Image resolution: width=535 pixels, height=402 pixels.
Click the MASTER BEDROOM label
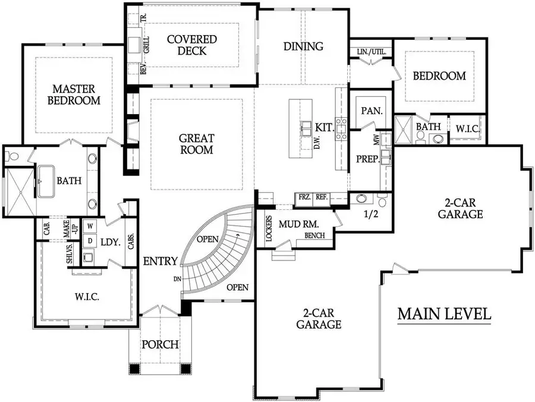(x=74, y=94)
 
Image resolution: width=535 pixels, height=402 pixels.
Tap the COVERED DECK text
(x=191, y=45)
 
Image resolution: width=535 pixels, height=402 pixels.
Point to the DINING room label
(x=303, y=46)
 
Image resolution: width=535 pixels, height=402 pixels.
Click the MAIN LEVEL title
(x=444, y=313)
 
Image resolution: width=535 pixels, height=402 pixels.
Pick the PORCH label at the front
(x=160, y=344)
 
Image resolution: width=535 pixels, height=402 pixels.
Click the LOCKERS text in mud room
(x=269, y=228)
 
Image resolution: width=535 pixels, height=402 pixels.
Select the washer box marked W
(x=91, y=226)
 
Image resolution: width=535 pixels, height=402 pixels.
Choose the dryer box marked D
(x=91, y=241)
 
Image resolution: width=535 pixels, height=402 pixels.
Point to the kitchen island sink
(x=306, y=128)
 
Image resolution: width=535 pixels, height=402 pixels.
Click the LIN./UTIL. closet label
(x=372, y=52)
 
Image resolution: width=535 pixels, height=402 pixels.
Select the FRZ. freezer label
(x=304, y=197)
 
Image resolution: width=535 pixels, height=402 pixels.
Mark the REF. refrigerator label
(x=322, y=197)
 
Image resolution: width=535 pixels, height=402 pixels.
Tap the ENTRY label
(x=160, y=260)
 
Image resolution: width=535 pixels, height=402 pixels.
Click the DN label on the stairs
(x=177, y=279)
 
